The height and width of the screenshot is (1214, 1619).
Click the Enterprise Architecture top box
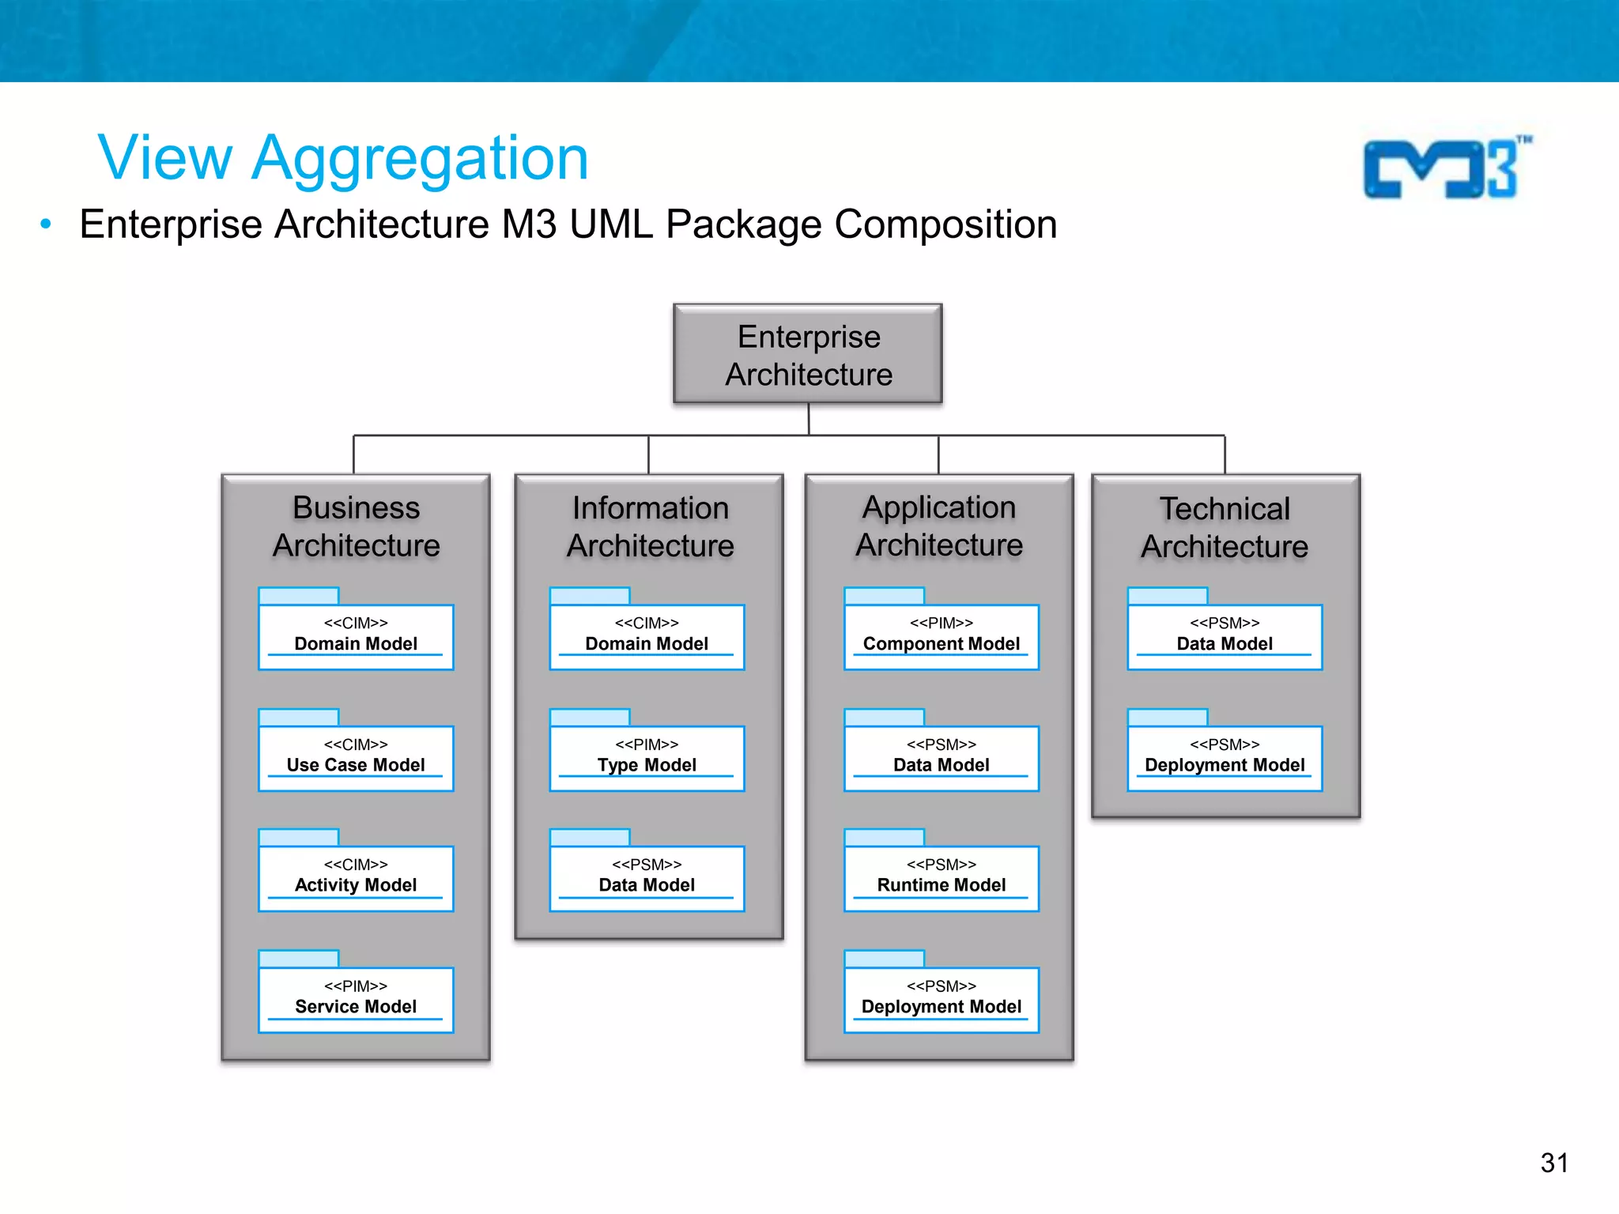(808, 354)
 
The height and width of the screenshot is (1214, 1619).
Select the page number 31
(1553, 1163)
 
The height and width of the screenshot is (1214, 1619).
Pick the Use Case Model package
(356, 756)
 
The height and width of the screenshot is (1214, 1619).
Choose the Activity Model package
(356, 877)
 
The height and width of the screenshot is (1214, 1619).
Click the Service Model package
(356, 998)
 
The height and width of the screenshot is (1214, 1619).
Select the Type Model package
(647, 756)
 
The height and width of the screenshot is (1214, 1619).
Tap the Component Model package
(941, 635)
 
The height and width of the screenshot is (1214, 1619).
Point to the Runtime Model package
(941, 877)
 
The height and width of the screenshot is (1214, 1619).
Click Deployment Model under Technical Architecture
(1224, 756)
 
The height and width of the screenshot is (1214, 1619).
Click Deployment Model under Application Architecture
(941, 998)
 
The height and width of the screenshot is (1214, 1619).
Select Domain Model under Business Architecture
(356, 635)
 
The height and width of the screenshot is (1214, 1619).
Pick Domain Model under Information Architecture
(647, 635)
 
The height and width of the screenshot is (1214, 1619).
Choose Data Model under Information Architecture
(647, 877)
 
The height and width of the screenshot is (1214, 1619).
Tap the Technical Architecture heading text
(1225, 527)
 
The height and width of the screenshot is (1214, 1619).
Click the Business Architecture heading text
(357, 526)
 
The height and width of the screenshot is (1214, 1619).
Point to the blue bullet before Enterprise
(46, 224)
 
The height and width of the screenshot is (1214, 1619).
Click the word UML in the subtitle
(611, 224)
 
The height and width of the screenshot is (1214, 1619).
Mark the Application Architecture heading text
(939, 526)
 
